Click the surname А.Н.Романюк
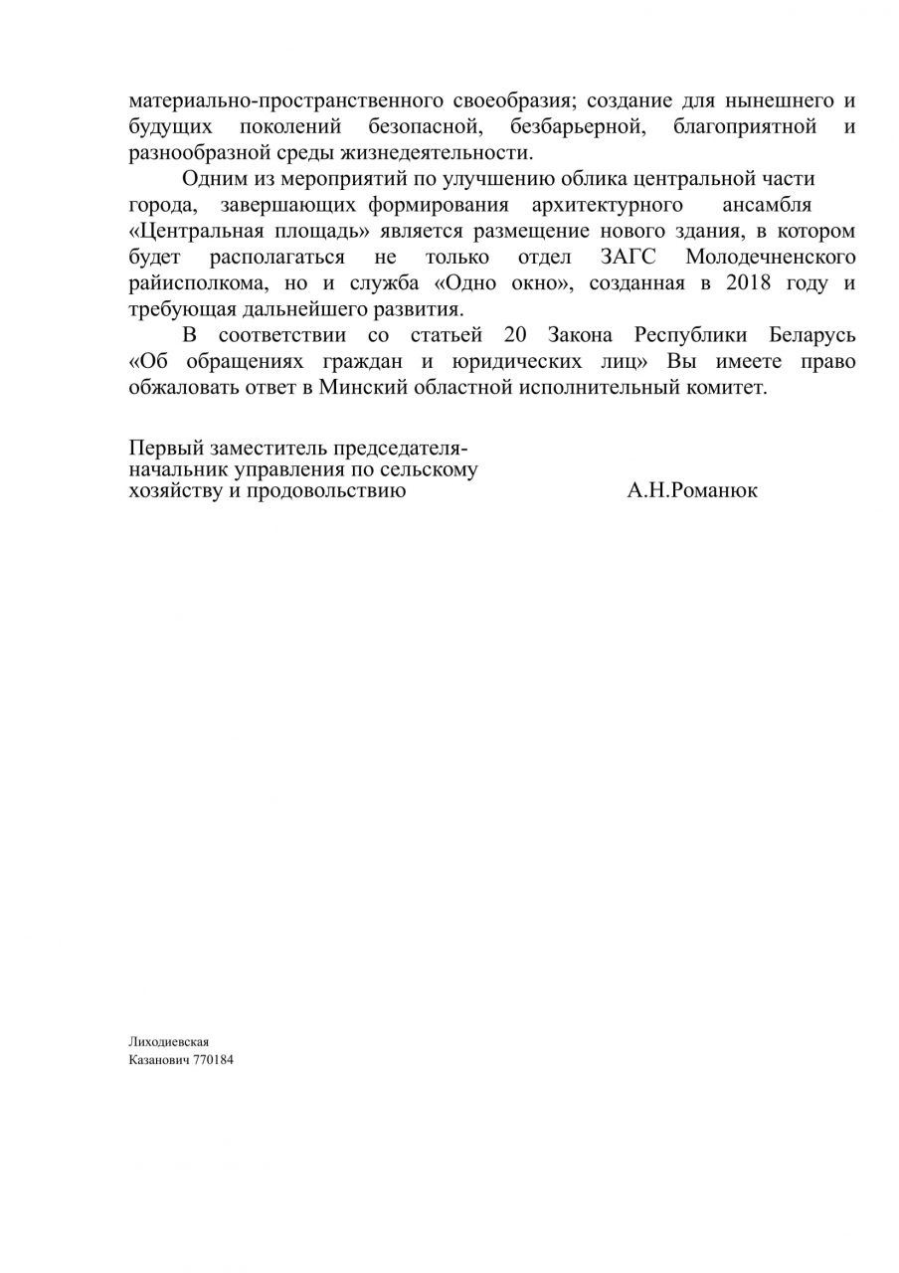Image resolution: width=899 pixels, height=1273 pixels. [x=692, y=490]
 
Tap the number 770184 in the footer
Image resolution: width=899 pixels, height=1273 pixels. [x=213, y=1060]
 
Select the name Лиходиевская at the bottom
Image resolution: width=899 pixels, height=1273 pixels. [x=169, y=1042]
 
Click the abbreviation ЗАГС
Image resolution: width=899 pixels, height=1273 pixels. [x=629, y=258]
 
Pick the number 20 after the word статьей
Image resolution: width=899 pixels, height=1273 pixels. [x=515, y=334]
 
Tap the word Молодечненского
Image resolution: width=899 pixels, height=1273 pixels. [x=771, y=258]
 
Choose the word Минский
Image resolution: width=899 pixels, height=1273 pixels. [x=359, y=387]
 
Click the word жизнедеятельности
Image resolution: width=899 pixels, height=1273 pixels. [x=439, y=153]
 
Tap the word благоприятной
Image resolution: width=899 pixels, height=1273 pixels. [x=745, y=127]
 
